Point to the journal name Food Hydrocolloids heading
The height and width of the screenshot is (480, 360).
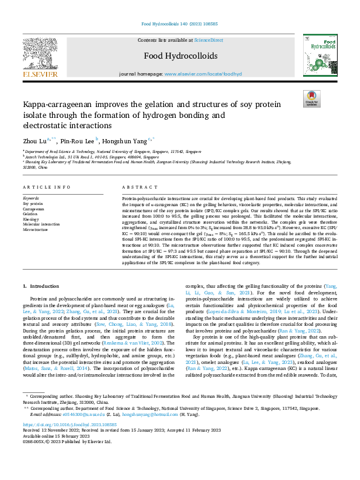[180, 56]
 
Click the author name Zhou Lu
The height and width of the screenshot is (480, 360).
[33, 140]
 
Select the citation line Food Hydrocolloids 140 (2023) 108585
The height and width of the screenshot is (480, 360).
[180, 24]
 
